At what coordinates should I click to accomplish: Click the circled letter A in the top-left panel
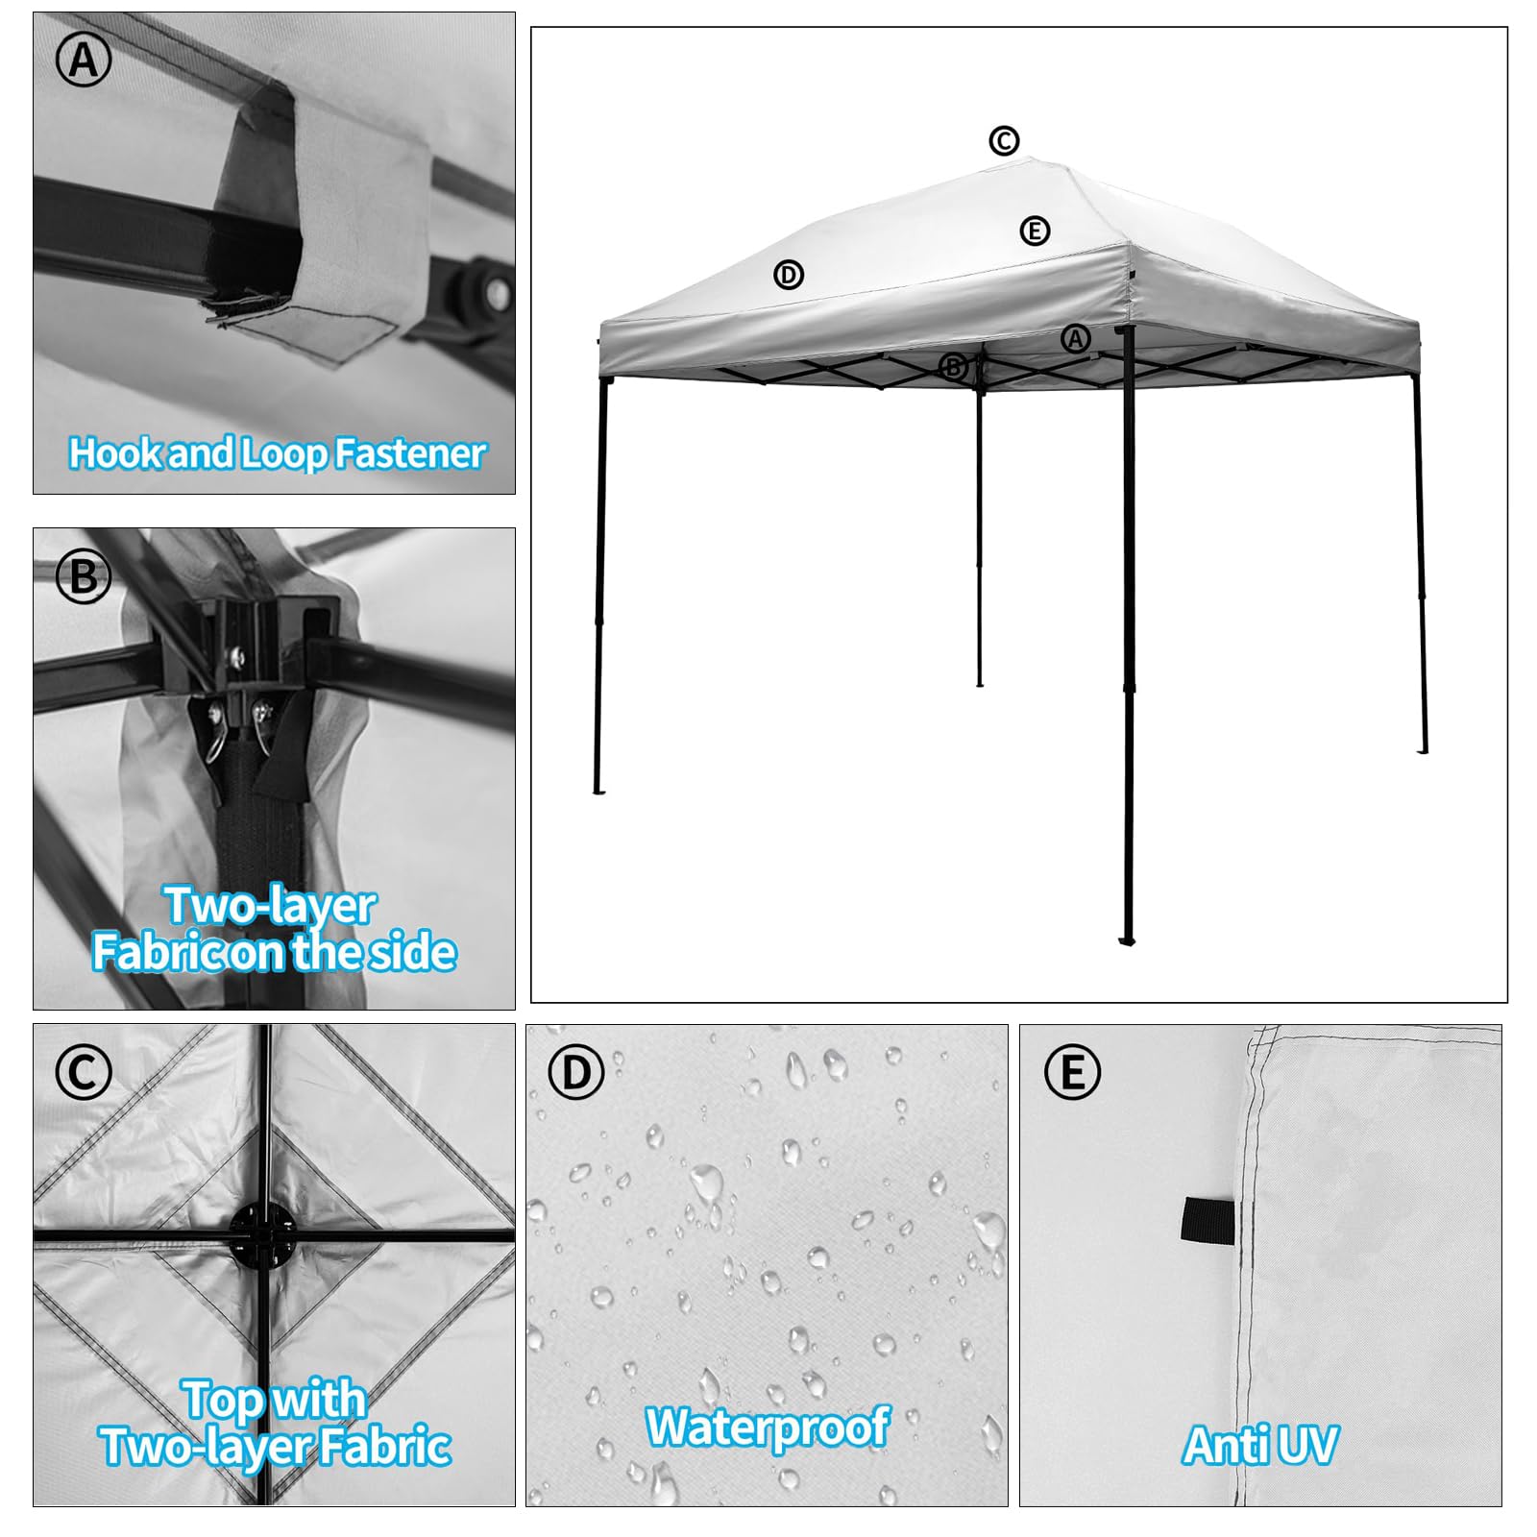[x=84, y=61]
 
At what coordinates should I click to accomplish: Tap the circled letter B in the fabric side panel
[x=84, y=576]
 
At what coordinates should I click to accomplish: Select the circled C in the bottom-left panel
[x=84, y=1072]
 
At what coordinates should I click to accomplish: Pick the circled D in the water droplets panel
[x=576, y=1072]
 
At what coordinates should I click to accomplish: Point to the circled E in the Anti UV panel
[x=1071, y=1072]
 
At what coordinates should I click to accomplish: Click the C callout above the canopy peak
[x=1004, y=141]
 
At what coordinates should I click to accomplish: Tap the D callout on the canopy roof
[x=789, y=275]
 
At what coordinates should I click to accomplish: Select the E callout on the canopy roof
[x=1035, y=231]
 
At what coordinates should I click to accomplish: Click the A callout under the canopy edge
[x=1076, y=338]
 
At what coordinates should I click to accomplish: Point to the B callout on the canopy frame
[x=953, y=366]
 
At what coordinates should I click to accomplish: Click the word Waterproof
[x=768, y=1426]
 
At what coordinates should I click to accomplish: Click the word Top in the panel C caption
[x=222, y=1401]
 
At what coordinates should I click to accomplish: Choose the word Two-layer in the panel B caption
[x=270, y=907]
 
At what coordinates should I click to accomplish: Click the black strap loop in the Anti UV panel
[x=1207, y=1219]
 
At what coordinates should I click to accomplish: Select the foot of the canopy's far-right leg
[x=1423, y=749]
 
